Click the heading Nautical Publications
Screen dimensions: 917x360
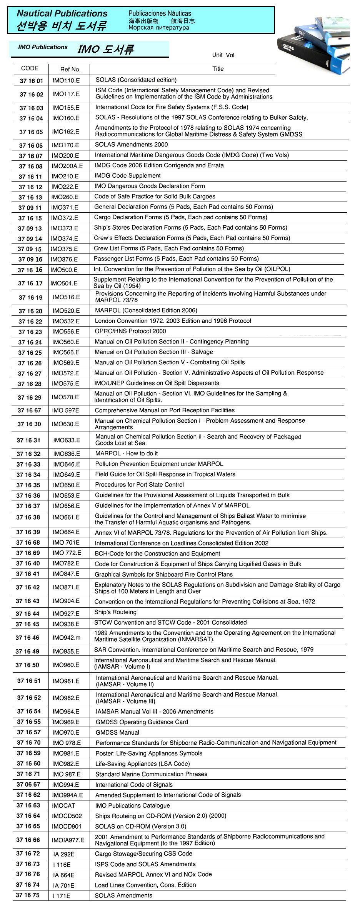click(62, 13)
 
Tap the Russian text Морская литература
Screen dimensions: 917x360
click(158, 28)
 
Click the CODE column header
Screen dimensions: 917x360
click(30, 68)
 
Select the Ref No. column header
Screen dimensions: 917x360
click(70, 69)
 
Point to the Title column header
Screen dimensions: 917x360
click(218, 69)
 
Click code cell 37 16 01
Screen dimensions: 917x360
click(32, 81)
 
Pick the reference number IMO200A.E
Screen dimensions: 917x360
click(67, 166)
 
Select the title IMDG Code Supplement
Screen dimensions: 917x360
click(127, 176)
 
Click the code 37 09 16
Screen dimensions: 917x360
click(30, 259)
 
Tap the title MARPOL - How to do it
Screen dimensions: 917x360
click(126, 453)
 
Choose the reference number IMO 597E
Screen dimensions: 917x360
click(65, 410)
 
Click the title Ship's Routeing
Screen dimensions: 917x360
click(115, 612)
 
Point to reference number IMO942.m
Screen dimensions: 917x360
click(67, 638)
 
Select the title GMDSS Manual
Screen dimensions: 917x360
click(117, 733)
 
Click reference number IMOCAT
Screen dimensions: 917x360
click(63, 805)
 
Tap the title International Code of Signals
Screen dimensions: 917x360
click(134, 785)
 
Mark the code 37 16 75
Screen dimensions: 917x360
click(28, 895)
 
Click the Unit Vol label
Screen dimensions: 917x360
click(223, 55)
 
